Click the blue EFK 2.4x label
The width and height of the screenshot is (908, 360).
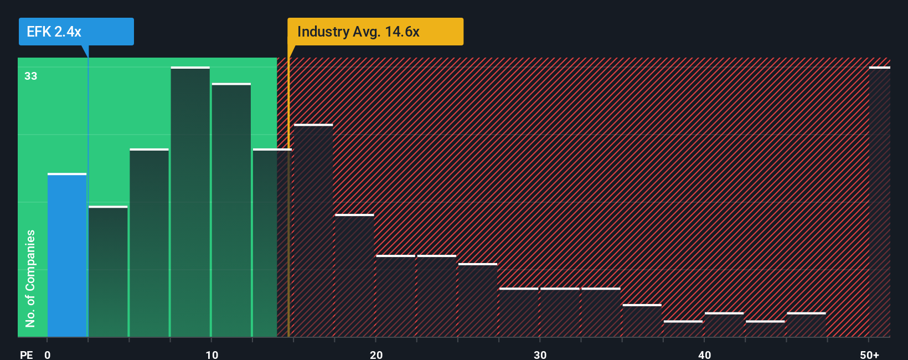pyautogui.click(x=76, y=32)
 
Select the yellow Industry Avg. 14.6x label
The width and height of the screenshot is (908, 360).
pyautogui.click(x=375, y=32)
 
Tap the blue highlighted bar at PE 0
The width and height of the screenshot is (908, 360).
pyautogui.click(x=67, y=255)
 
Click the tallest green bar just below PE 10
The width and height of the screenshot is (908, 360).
pyautogui.click(x=190, y=202)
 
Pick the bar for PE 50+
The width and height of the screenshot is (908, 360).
pyautogui.click(x=879, y=202)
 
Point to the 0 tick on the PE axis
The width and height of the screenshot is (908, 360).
pyautogui.click(x=48, y=354)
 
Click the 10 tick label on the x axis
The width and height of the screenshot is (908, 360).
pyautogui.click(x=211, y=354)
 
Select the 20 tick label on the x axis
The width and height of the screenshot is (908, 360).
pyautogui.click(x=376, y=354)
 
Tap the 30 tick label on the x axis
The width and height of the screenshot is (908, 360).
pyautogui.click(x=540, y=354)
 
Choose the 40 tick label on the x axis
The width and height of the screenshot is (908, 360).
pyautogui.click(x=704, y=354)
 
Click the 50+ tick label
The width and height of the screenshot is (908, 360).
pyautogui.click(x=869, y=354)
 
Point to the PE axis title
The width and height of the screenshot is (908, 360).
pyautogui.click(x=26, y=354)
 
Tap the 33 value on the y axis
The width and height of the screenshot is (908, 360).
pyautogui.click(x=30, y=76)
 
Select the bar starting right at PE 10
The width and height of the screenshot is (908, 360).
pyautogui.click(x=231, y=210)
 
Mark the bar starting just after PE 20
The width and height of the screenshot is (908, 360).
pyautogui.click(x=395, y=296)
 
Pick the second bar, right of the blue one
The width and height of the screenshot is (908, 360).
pyautogui.click(x=108, y=271)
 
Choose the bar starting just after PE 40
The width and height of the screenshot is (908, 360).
pyautogui.click(x=724, y=325)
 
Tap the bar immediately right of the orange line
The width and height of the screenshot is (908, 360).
pyautogui.click(x=313, y=230)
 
